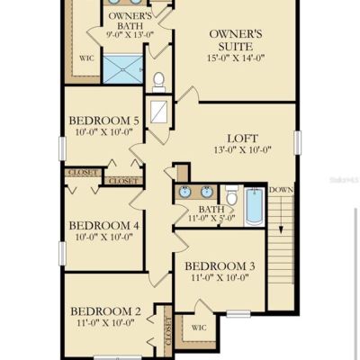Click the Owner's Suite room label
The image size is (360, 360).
[x=236, y=40]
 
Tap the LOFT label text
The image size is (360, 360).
[x=242, y=139]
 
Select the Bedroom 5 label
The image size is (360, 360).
[x=104, y=121]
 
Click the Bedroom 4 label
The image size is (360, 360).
[x=104, y=225]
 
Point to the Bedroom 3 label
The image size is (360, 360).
[x=220, y=265]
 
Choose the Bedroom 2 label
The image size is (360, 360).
[x=105, y=311]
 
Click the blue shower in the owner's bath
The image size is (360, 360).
[x=123, y=69]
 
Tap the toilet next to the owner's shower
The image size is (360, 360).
[x=158, y=82]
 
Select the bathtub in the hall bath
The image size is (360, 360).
[x=255, y=206]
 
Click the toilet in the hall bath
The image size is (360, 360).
[x=231, y=194]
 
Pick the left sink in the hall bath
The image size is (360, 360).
[x=184, y=192]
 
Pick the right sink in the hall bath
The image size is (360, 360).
[x=207, y=192]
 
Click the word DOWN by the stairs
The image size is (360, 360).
[x=281, y=190]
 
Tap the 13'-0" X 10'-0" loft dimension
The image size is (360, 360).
[x=243, y=149]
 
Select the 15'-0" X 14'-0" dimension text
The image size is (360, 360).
[x=236, y=58]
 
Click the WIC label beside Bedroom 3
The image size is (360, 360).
[x=199, y=328]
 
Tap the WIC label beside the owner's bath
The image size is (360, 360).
[x=86, y=58]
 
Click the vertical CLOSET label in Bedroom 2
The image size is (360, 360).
[x=168, y=330]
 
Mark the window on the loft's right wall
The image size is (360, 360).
[x=298, y=142]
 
